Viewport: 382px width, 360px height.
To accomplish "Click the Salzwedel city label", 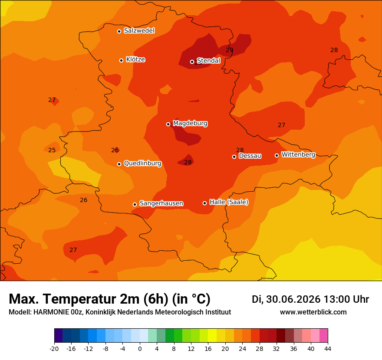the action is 139,31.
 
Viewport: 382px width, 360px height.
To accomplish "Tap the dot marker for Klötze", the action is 121,60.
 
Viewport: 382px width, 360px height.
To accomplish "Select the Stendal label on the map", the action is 208,60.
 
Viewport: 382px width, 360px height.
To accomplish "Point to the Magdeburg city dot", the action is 168,124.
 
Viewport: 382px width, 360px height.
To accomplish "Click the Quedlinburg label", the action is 142,163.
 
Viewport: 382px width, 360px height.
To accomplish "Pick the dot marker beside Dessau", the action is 234,157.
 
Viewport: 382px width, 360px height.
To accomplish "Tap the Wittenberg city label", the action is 299,154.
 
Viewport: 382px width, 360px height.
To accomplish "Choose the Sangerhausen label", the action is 161,203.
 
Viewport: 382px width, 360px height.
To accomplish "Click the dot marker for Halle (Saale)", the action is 204,203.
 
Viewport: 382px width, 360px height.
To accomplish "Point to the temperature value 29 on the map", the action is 230,50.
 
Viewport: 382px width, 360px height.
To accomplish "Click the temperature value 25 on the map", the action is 52,150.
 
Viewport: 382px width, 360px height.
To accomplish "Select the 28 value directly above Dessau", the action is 240,150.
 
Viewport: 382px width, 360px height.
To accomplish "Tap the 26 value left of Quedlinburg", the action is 115,150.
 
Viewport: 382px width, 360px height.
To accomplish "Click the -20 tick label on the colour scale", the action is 54,349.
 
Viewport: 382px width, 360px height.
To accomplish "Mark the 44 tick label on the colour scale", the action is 328,349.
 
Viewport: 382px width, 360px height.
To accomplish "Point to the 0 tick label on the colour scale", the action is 140,349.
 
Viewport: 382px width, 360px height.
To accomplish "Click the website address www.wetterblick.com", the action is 313,312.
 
